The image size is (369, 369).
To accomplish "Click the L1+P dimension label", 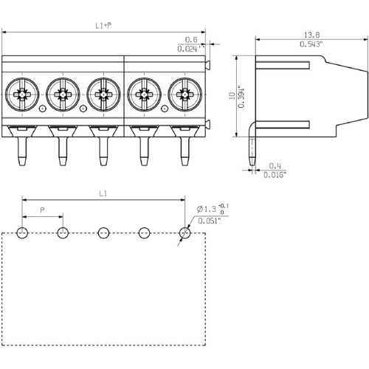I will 103,26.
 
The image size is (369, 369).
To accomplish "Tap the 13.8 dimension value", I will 311,35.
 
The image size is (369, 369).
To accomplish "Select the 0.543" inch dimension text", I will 311,44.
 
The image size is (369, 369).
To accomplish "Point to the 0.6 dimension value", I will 190,40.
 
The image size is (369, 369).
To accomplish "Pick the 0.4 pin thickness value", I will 275,165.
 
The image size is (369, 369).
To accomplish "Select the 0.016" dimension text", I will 275,175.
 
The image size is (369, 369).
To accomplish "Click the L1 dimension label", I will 103,193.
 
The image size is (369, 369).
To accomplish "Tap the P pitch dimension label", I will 42,210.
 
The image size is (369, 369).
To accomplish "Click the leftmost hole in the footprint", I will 22,233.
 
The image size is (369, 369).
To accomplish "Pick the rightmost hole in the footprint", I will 184,233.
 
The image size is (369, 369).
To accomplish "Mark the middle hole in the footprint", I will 103,233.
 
